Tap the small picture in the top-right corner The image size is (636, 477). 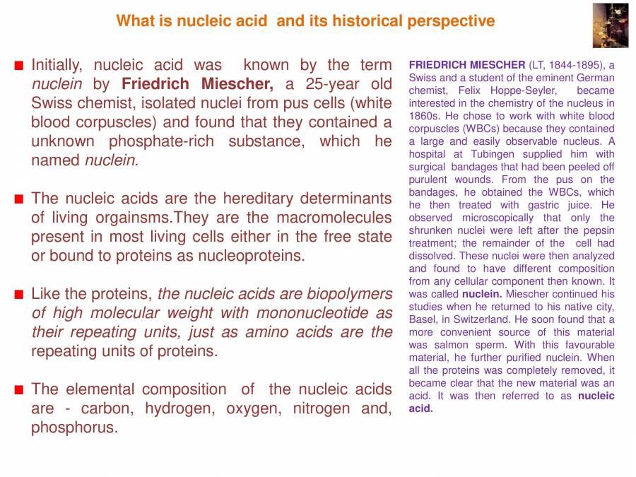coord(610,25)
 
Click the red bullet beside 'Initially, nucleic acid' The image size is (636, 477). coord(19,66)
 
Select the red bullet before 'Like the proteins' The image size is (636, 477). coord(19,294)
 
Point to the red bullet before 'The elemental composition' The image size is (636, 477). coord(19,389)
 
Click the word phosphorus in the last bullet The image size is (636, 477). coord(73,428)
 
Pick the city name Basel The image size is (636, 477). coord(422,319)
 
